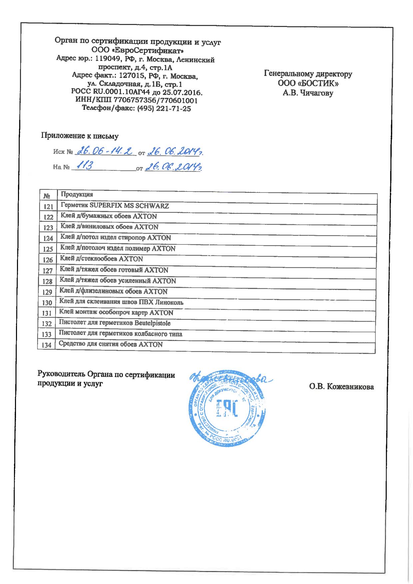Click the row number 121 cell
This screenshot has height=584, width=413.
pos(48,207)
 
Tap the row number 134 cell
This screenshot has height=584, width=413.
pos(47,345)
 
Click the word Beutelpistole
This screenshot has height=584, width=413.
pos(153,323)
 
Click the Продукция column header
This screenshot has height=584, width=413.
pos(77,194)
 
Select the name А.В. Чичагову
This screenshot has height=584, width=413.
pos(308,94)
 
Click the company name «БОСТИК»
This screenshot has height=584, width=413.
pos(318,84)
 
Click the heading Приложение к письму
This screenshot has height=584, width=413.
pos(80,136)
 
